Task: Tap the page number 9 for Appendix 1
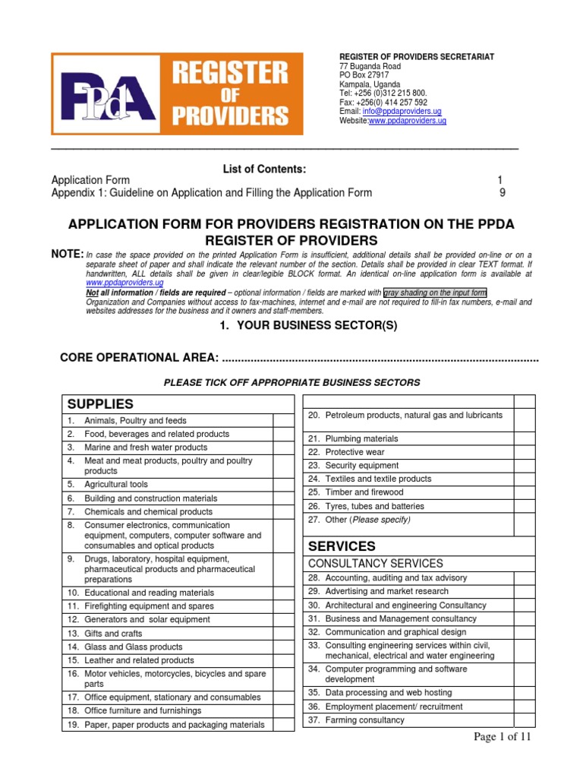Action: (502, 193)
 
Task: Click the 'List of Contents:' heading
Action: (264, 168)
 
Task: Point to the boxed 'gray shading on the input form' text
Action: (435, 293)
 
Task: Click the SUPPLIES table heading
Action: (100, 403)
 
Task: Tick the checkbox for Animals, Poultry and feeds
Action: (282, 420)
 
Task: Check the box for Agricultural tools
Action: (282, 484)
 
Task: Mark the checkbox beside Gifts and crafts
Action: (282, 633)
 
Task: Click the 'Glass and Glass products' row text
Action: (134, 647)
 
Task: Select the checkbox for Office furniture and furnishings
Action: (282, 710)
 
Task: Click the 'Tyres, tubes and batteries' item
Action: (374, 506)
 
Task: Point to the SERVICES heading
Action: (341, 546)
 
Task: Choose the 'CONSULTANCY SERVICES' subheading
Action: (375, 564)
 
